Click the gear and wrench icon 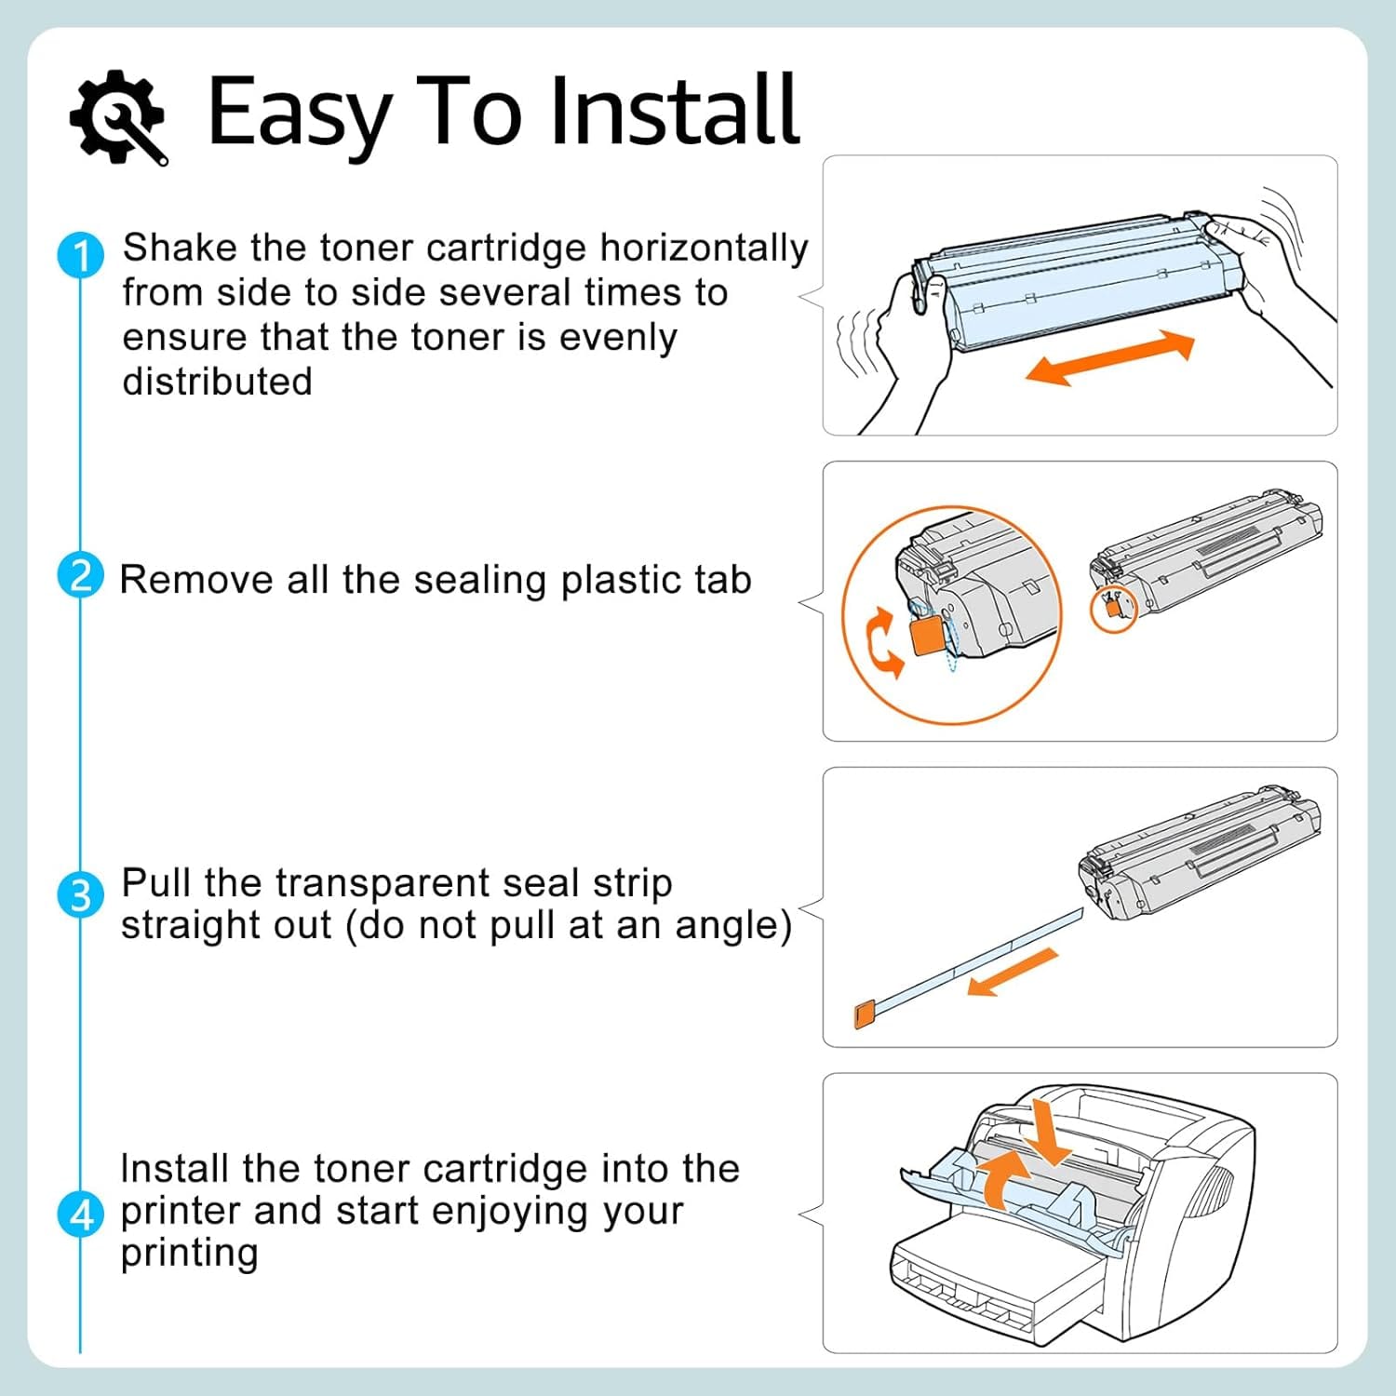click(x=118, y=117)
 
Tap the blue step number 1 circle click(x=81, y=255)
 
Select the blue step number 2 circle click(x=81, y=575)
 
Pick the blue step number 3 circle click(x=81, y=894)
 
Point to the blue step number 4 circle click(x=81, y=1215)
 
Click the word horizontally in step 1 click(x=704, y=249)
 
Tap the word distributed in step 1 click(x=217, y=382)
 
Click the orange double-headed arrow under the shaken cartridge click(x=1109, y=358)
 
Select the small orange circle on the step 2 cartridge click(x=1113, y=611)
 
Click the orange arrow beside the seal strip click(x=1013, y=973)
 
